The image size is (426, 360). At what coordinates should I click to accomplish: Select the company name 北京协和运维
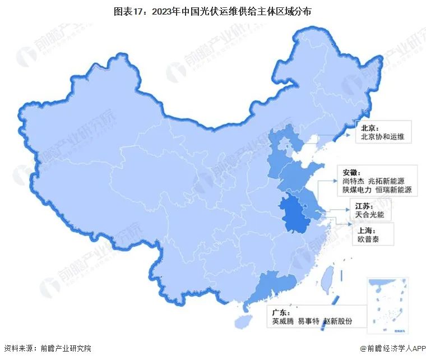(381, 136)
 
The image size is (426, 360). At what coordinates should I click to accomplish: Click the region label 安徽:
(350, 172)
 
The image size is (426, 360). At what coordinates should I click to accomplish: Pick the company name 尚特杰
(353, 181)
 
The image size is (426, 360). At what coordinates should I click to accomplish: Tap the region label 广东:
(281, 312)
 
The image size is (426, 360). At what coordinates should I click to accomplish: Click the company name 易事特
(309, 321)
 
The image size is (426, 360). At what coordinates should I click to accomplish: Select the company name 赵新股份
(337, 321)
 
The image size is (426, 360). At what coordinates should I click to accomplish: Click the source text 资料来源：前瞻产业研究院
(47, 349)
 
